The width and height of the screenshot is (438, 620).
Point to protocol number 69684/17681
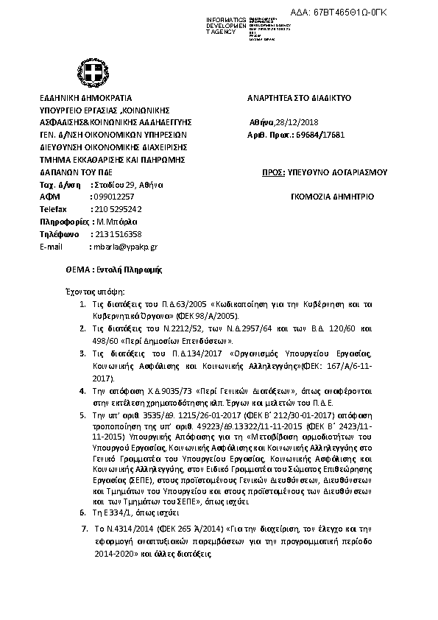(315, 135)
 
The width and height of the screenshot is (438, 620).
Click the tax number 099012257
(113, 197)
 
